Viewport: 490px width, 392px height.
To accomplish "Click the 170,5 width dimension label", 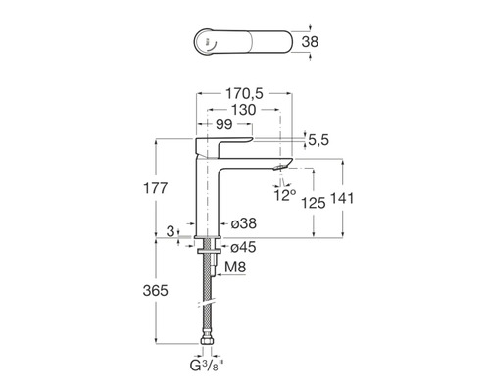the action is point(244,94).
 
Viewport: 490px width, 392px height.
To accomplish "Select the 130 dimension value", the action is point(244,110).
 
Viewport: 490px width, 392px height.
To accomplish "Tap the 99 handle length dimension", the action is point(224,124).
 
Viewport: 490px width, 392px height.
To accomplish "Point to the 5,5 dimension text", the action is point(318,140).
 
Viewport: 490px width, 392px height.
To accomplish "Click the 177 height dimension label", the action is point(156,188).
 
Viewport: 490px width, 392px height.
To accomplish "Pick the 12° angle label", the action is point(285,195).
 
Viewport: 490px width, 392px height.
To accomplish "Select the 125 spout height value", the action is point(314,203).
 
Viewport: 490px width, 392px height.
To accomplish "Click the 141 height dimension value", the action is point(342,199).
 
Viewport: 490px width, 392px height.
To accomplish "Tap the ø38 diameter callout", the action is point(244,223).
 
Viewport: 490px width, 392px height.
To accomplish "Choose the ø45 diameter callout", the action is point(243,247).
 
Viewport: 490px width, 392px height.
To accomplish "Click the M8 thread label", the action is point(235,268).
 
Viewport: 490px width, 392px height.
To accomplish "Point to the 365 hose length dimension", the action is point(156,291).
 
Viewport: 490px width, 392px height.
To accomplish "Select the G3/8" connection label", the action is point(207,366).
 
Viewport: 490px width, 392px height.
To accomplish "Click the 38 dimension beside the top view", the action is point(310,42).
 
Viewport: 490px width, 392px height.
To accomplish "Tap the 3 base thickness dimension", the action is point(171,231).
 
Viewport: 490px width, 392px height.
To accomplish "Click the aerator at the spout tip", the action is point(279,168).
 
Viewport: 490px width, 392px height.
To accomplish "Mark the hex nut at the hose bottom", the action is point(207,340).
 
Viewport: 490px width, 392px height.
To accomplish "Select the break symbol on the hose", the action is point(207,304).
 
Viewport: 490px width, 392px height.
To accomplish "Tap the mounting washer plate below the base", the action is point(210,251).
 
